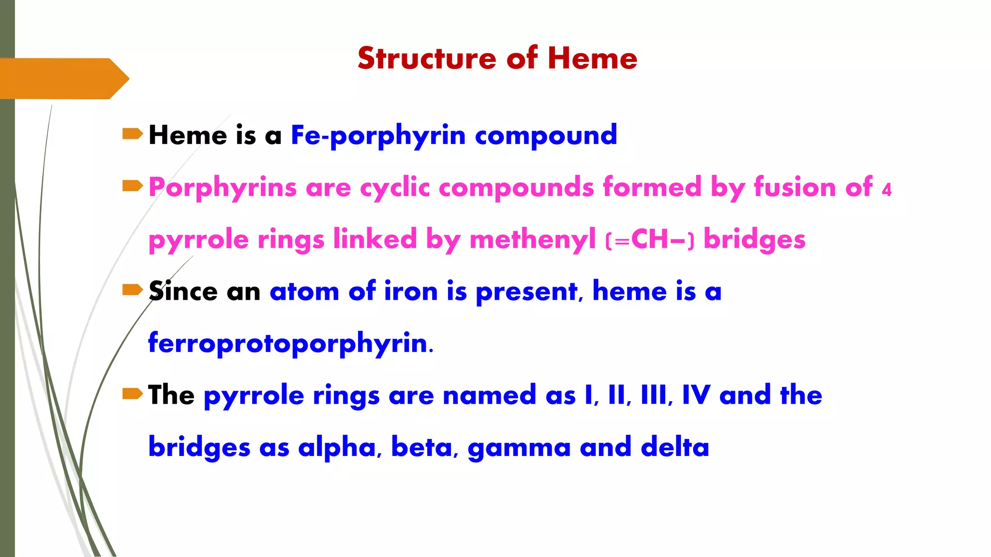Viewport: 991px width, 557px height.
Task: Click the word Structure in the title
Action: pyautogui.click(x=427, y=59)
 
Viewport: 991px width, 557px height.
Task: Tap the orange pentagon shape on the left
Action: pyautogui.click(x=63, y=78)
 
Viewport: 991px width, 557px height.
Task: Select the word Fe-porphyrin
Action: pyautogui.click(x=378, y=135)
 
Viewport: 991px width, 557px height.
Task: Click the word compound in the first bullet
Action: pyautogui.click(x=546, y=135)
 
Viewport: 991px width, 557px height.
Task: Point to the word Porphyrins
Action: pyautogui.click(x=222, y=188)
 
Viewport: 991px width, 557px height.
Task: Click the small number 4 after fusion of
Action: pyautogui.click(x=886, y=190)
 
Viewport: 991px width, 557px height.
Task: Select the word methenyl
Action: pyautogui.click(x=532, y=239)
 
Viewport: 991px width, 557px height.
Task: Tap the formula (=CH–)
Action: pyautogui.click(x=650, y=239)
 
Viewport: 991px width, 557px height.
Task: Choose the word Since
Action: pyautogui.click(x=183, y=291)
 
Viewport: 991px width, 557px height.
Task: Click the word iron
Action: pyautogui.click(x=410, y=291)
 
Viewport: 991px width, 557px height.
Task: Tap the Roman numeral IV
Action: pyautogui.click(x=696, y=395)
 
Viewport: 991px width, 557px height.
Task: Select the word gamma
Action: pyautogui.click(x=519, y=448)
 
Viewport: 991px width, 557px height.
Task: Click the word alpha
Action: pyautogui.click(x=337, y=448)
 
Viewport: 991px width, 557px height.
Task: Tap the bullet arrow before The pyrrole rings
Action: pyautogui.click(x=132, y=394)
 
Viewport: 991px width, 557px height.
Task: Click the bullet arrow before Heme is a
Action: pyautogui.click(x=132, y=133)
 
